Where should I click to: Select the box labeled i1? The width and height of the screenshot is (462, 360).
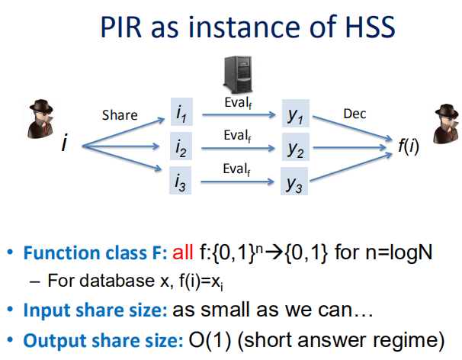182,114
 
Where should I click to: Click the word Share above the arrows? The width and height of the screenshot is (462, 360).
120,116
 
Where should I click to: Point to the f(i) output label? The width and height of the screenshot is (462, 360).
408,146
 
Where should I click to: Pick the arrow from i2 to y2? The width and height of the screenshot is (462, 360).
238,149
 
